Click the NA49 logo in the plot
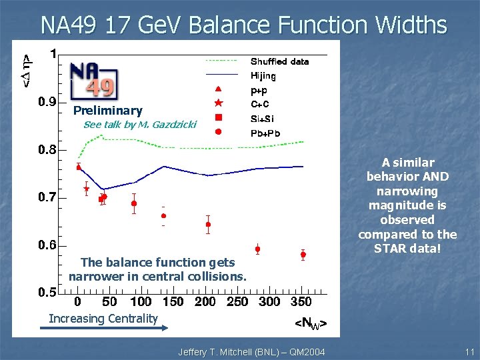(x=94, y=79)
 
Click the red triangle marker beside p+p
(x=218, y=89)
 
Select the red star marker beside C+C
(x=218, y=103)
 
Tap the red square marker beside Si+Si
(x=218, y=117)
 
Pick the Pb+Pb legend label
(x=265, y=133)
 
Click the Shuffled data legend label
(x=279, y=61)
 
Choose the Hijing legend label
(x=263, y=75)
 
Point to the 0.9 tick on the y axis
(x=47, y=102)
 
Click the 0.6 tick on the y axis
(x=47, y=245)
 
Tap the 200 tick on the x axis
(x=205, y=302)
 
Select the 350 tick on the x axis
(x=301, y=302)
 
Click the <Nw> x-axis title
(x=311, y=324)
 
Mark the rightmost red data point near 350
(x=303, y=255)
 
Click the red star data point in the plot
(x=87, y=189)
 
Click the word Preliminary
(x=107, y=111)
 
